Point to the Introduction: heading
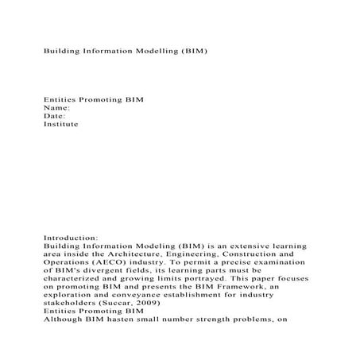click(x=71, y=237)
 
